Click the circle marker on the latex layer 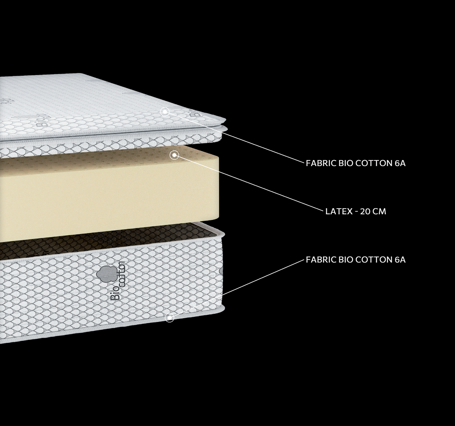[174, 155]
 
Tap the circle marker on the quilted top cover [165, 112]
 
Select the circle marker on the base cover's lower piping [169, 318]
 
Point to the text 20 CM [373, 211]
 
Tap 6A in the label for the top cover [400, 163]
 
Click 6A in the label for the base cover [400, 260]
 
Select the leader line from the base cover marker [237, 289]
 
